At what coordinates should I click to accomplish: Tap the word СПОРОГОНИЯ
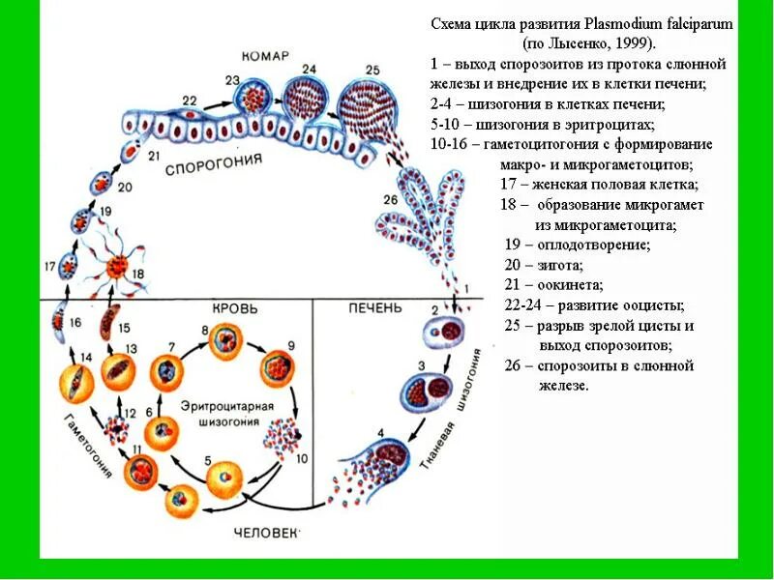pos(214,164)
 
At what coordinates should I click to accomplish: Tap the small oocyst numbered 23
pos(256,100)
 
